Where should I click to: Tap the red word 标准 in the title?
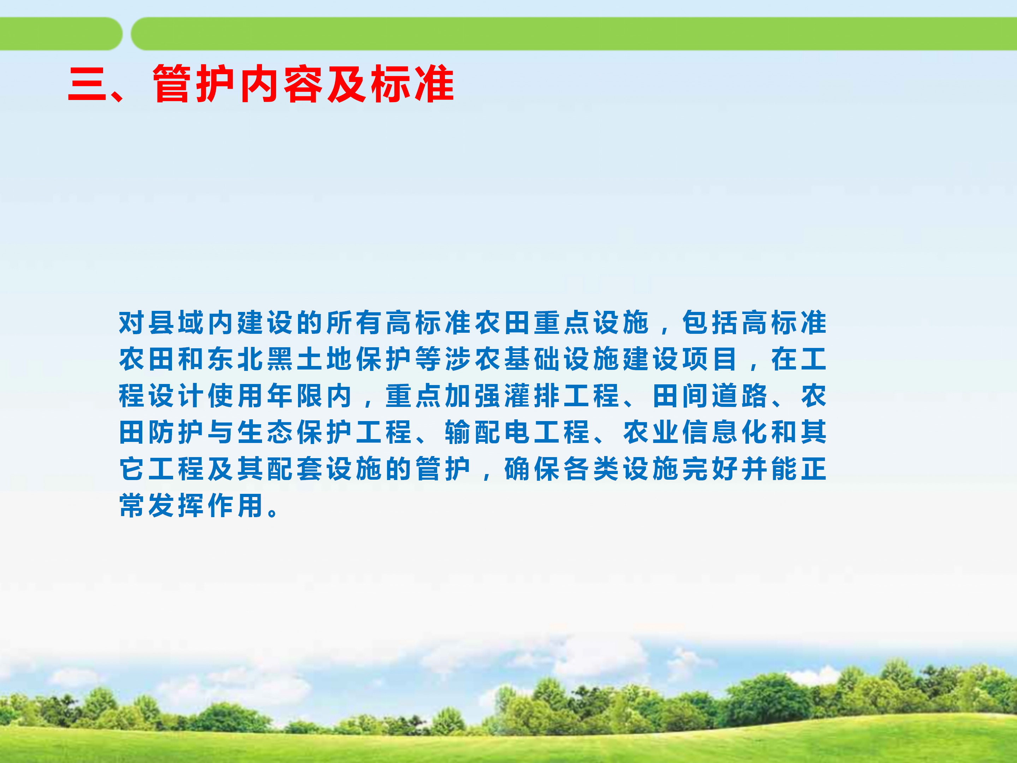click(412, 84)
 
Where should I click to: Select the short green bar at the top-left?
click(61, 34)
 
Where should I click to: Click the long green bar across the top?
click(574, 34)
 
